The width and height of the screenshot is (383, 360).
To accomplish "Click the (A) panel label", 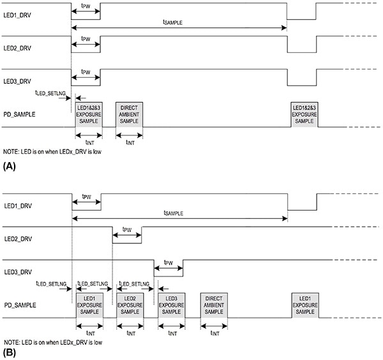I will coord(9,165).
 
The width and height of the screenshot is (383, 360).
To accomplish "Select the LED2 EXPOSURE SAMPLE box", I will coord(130,305).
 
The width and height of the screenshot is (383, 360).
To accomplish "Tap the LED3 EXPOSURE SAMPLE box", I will coord(170,305).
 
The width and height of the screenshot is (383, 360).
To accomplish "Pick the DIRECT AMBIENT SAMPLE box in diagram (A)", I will coord(130,114).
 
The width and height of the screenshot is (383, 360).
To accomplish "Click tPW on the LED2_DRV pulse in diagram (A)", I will coord(86,40).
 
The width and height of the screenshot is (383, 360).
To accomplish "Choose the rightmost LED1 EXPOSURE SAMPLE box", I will coord(304,305).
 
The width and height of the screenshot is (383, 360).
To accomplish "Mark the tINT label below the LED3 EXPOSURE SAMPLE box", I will coord(170,333).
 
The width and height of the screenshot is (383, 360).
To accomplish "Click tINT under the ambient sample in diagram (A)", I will coord(130,142).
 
